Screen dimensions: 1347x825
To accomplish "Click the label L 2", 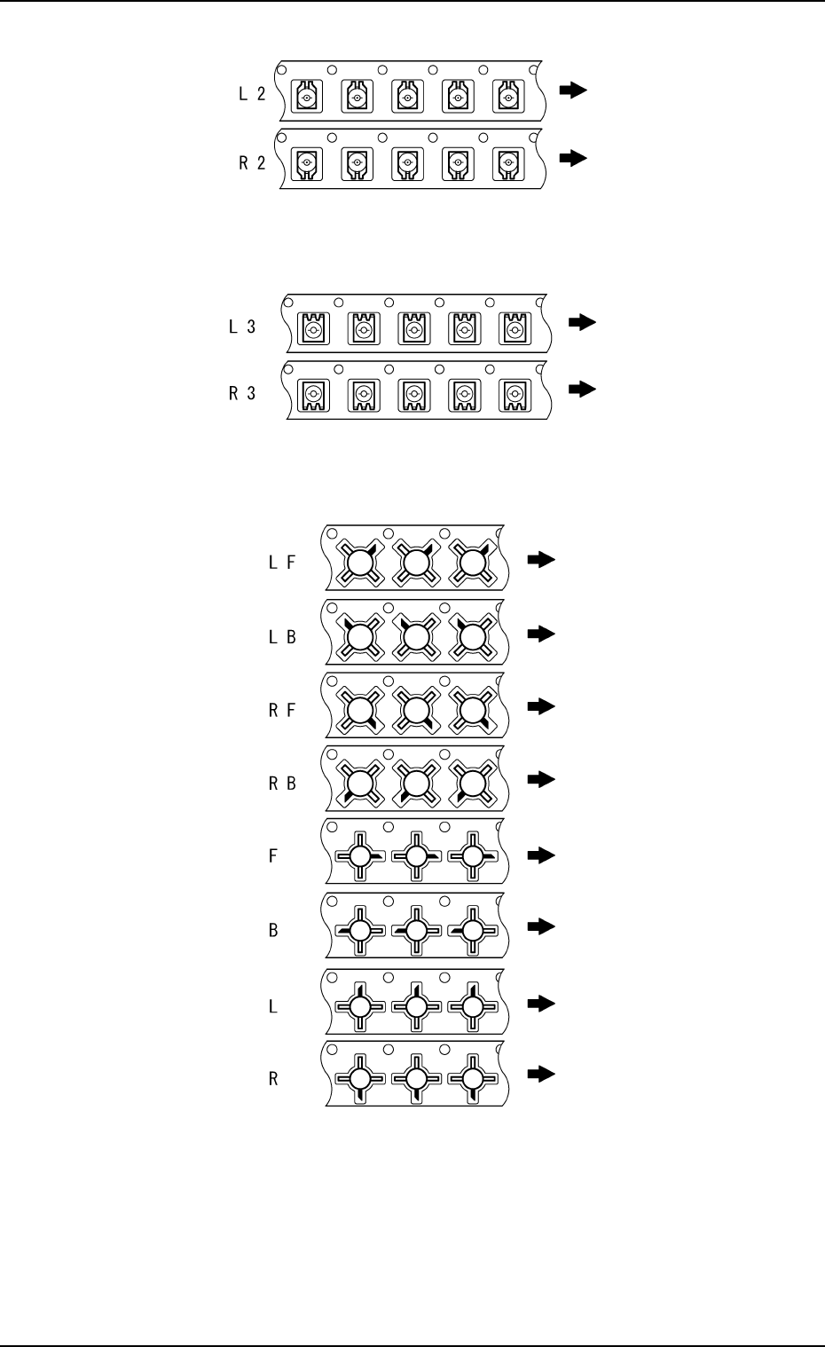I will click(252, 94).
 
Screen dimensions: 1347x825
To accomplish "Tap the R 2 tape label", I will click(252, 163).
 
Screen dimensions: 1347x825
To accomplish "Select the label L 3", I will click(242, 327).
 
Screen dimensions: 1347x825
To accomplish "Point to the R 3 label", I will click(242, 393).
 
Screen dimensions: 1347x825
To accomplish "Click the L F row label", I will click(281, 563).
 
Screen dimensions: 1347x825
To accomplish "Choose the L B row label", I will click(282, 637).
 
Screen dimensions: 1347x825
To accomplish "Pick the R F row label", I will click(282, 711).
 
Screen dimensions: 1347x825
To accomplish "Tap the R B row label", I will click(282, 784).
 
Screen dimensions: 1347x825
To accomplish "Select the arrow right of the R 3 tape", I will click(582, 388).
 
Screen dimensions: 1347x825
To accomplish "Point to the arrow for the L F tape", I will click(540, 559).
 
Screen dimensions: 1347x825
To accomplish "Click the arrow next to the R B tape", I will click(540, 779).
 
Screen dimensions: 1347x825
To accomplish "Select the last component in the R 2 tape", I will click(508, 163).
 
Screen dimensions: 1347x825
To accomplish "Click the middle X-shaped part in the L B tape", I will click(415, 635).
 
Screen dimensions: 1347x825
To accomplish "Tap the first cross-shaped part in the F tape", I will click(359, 856).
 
